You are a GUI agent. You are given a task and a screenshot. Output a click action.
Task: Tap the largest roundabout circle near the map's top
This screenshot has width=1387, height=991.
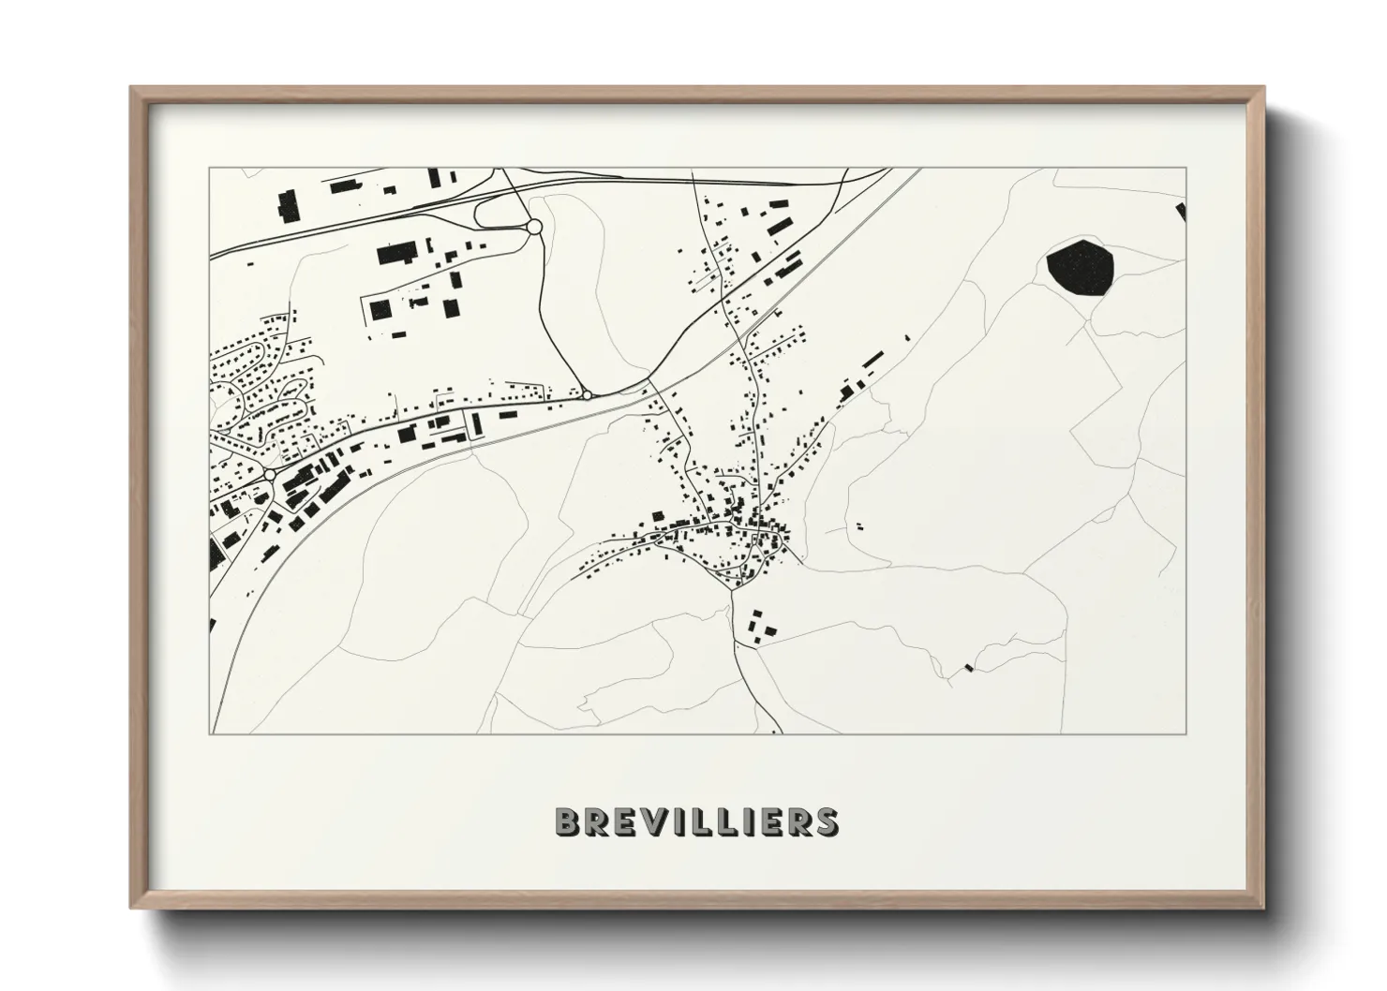[534, 227]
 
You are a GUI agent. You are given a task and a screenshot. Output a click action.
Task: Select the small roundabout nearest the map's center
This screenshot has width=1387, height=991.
[587, 395]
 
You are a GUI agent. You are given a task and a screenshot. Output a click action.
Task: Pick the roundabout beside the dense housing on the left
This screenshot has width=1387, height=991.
[270, 475]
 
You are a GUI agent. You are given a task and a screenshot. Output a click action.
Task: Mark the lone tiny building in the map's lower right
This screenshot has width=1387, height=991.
[969, 668]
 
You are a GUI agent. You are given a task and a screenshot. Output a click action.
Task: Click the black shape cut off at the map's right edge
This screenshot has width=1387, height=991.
[1182, 212]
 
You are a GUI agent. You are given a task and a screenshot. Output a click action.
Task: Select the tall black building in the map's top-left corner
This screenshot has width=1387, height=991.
[287, 205]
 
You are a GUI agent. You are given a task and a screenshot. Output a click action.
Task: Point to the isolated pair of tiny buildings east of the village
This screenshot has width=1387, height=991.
[856, 527]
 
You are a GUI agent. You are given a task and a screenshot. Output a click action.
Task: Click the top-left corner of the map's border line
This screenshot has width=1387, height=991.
[210, 169]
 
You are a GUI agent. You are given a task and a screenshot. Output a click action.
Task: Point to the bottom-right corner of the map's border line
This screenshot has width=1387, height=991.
[1186, 733]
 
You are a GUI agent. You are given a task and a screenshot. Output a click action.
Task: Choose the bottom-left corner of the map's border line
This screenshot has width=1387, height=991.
[210, 733]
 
